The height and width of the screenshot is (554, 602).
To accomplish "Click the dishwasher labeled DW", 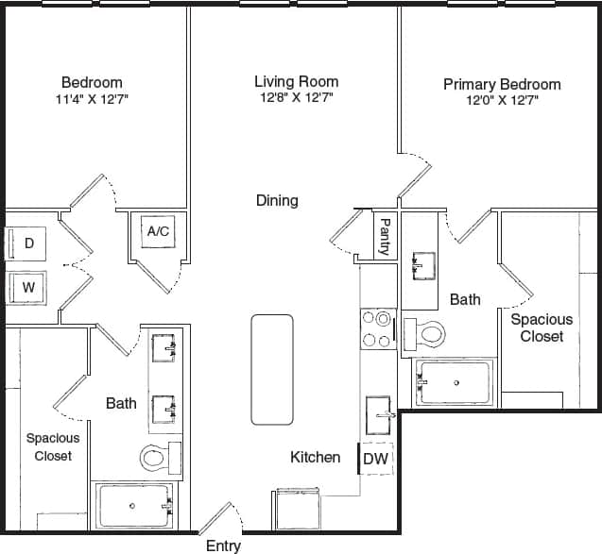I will [374, 459].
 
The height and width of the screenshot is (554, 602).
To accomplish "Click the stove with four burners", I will [377, 328].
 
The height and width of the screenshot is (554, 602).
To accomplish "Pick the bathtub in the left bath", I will [133, 507].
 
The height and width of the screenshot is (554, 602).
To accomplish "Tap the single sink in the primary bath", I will [421, 265].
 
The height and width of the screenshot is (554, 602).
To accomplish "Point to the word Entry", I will [223, 546].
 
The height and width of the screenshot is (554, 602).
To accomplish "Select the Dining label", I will [277, 200].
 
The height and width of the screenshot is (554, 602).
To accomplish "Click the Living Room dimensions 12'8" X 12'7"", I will [296, 97].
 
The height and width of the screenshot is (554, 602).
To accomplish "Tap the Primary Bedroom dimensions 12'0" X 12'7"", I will [501, 101].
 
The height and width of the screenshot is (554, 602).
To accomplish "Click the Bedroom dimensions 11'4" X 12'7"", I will [92, 98].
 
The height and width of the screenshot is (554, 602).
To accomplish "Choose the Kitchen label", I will [315, 458].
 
